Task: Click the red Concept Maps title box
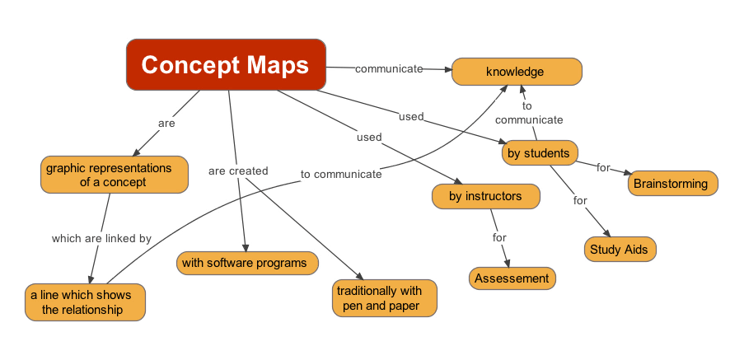(226, 65)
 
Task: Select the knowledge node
(516, 72)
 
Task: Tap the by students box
(539, 152)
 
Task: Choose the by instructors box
(485, 196)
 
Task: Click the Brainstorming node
(673, 183)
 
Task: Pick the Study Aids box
(620, 249)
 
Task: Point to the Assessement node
(512, 278)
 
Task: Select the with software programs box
(245, 263)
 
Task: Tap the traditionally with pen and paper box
(384, 297)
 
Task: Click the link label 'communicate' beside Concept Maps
(389, 68)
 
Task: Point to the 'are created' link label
(238, 171)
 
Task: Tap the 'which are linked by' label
(101, 238)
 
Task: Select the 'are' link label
(166, 123)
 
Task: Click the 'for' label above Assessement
(499, 237)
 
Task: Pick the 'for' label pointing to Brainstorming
(603, 167)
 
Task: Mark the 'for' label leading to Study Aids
(580, 200)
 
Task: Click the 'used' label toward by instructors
(369, 137)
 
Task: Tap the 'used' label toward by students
(410, 116)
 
